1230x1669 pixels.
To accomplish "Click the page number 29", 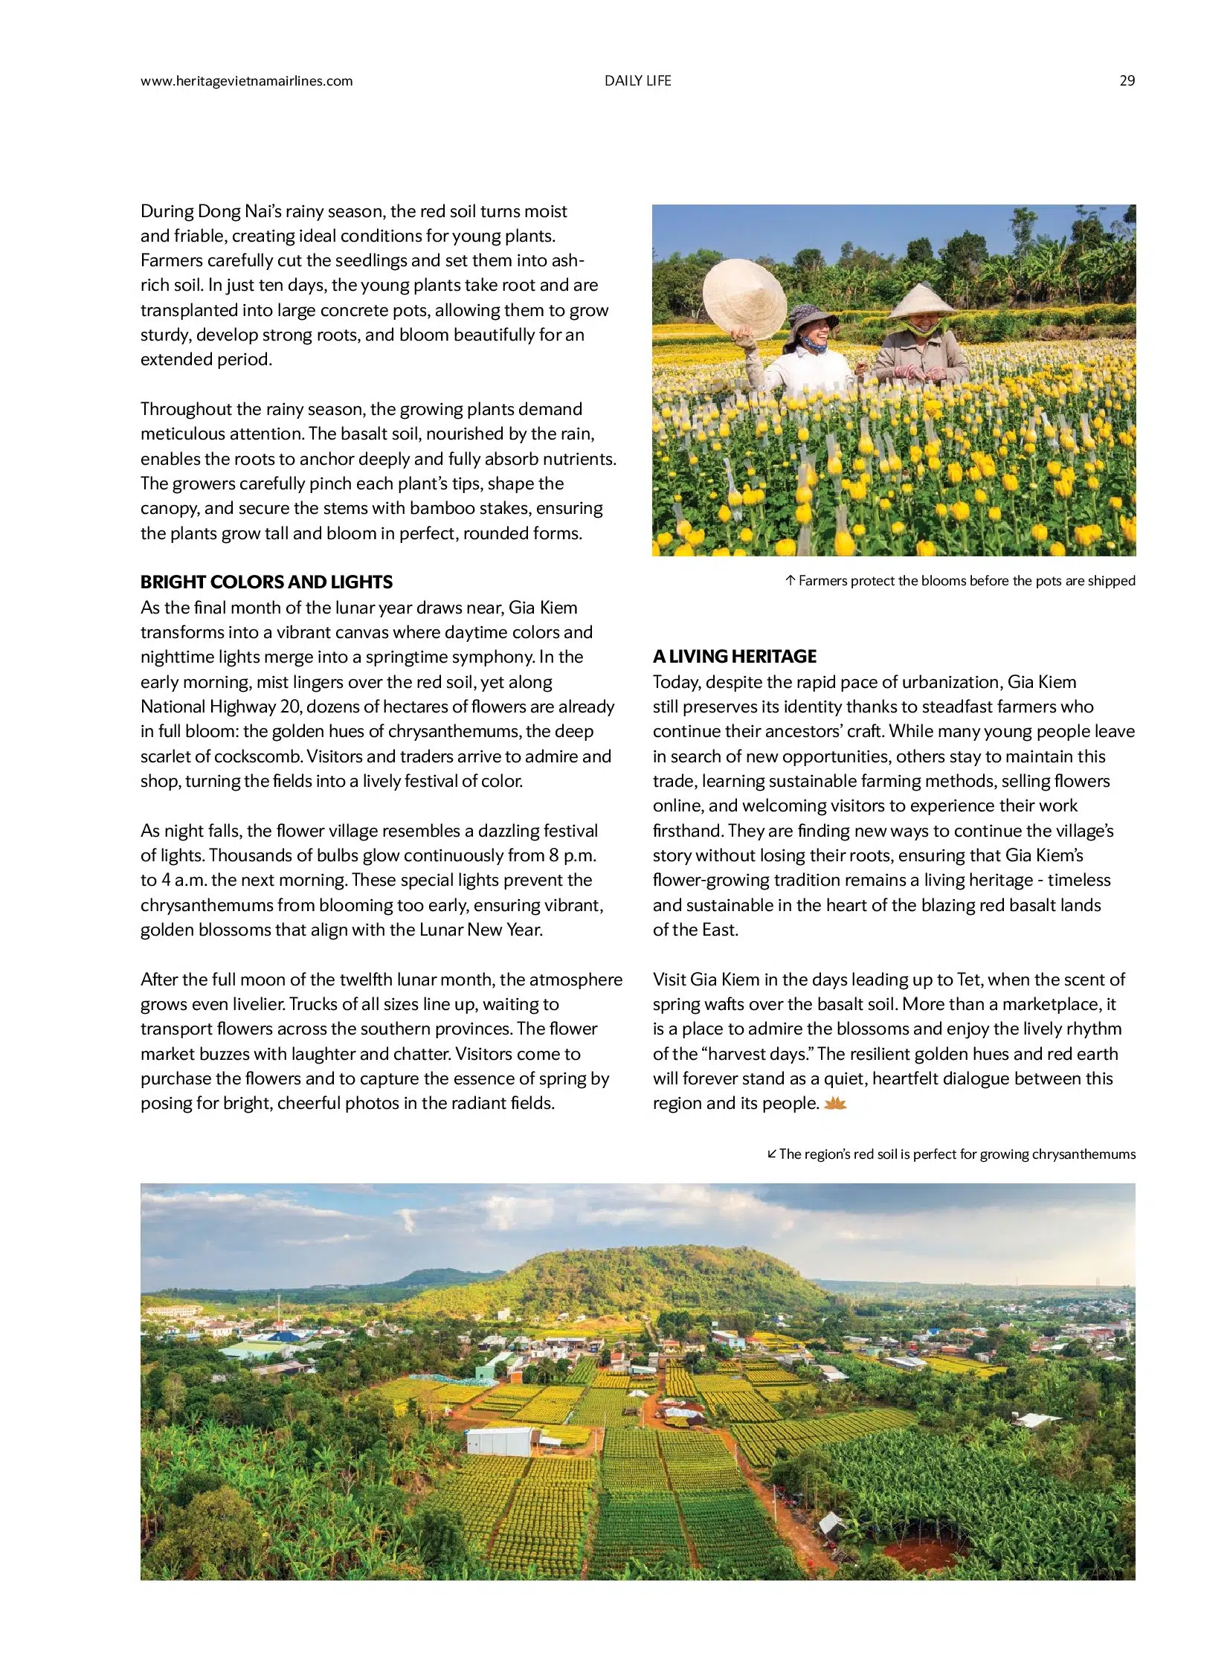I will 1127,81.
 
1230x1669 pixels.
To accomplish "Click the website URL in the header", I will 246,81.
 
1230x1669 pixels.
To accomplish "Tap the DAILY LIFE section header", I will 637,81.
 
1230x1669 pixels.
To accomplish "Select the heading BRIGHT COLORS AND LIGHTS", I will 266,582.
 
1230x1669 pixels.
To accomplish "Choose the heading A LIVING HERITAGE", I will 734,656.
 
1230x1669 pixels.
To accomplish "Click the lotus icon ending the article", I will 835,1104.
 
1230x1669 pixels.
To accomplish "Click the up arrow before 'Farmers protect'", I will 791,581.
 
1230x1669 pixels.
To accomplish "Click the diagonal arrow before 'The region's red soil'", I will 772,1154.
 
